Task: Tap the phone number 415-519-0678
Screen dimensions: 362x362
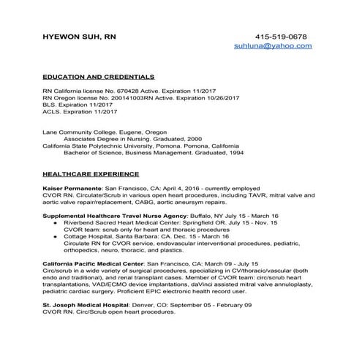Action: (x=281, y=36)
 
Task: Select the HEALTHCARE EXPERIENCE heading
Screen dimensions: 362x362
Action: (x=90, y=174)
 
